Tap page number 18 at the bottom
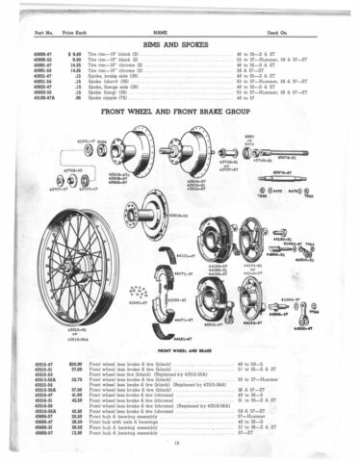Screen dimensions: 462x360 tap(179, 445)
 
